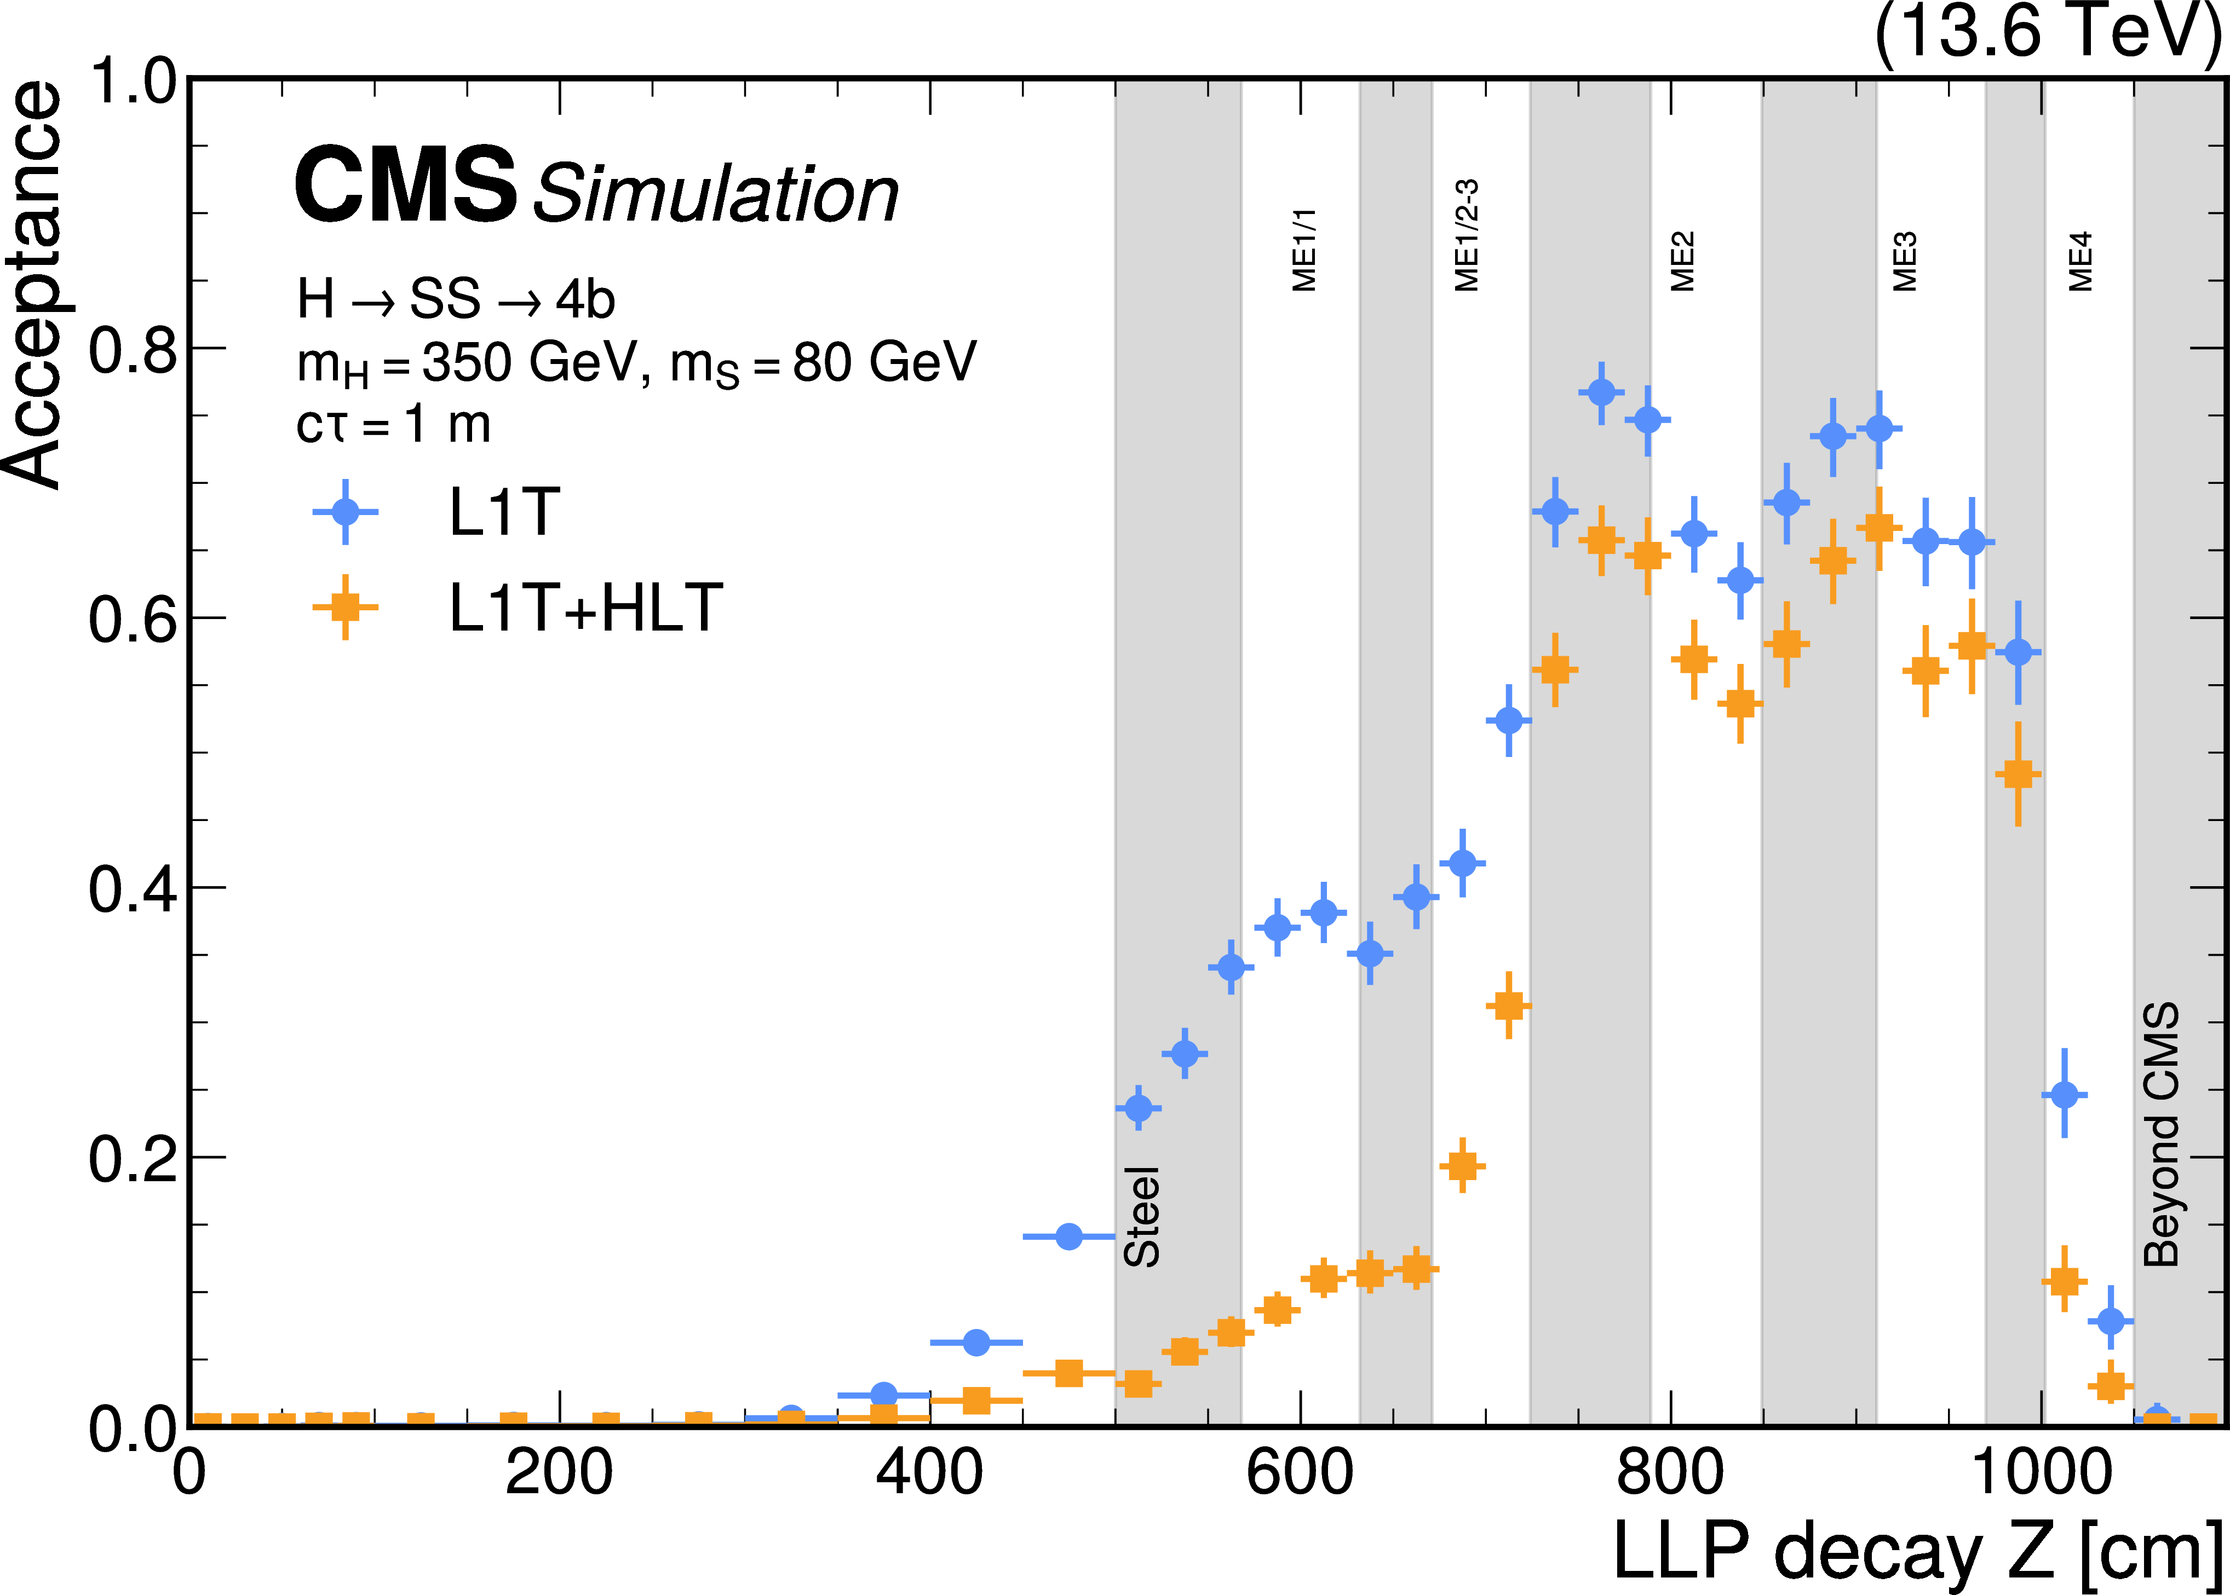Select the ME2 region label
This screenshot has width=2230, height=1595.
click(1683, 261)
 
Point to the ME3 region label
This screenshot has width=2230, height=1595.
click(1905, 261)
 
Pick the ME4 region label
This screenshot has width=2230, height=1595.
click(2080, 261)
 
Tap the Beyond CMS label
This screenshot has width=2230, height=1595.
click(2161, 1134)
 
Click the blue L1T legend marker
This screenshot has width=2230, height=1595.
click(345, 512)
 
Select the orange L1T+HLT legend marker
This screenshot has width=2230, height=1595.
click(345, 607)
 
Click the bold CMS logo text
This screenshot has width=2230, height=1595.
click(405, 184)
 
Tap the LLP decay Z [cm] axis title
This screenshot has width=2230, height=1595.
click(1916, 1552)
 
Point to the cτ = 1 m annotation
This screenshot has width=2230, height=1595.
click(393, 424)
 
